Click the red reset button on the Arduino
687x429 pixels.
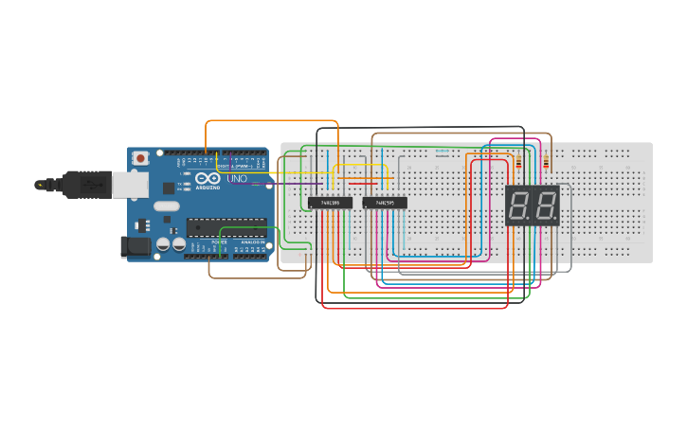pos(140,158)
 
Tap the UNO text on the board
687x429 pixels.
pos(237,178)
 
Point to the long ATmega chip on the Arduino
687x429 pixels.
pos(226,226)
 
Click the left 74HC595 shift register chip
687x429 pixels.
pos(330,203)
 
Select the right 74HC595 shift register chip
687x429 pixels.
pos(385,203)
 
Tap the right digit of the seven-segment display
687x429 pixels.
pos(547,206)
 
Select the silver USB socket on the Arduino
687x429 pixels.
pos(130,185)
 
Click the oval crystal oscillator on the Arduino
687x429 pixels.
pos(165,206)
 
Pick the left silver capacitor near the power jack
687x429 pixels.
pos(163,244)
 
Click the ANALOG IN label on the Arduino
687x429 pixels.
pos(253,242)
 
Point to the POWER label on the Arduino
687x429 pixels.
pos(219,242)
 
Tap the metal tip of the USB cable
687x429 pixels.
pos(42,185)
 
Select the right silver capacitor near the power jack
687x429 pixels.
pos(178,244)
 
